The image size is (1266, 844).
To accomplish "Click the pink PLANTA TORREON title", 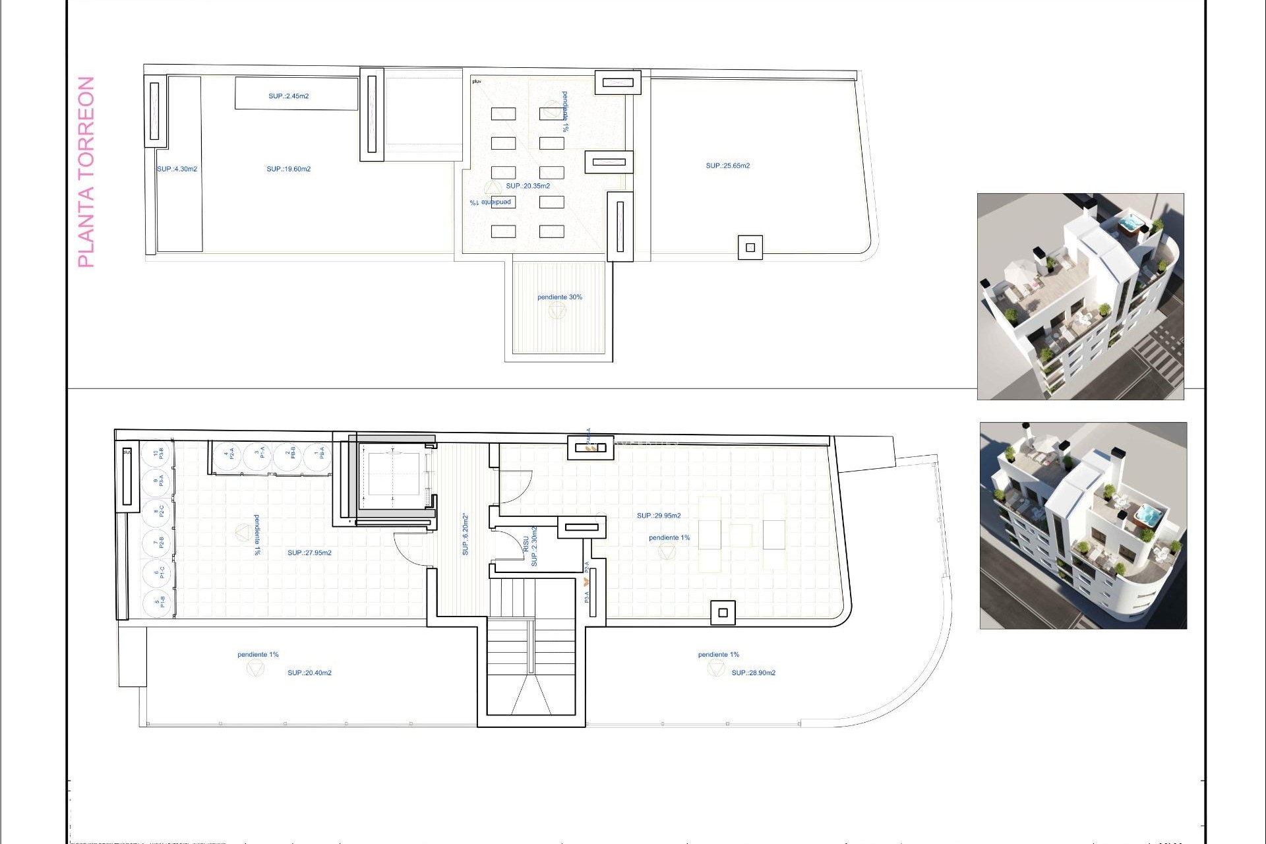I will click(x=86, y=172).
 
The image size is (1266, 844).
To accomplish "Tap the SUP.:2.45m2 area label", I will click(x=288, y=96).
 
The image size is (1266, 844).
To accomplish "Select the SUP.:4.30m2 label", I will click(x=177, y=169).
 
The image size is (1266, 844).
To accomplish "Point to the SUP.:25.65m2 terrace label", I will click(x=727, y=166).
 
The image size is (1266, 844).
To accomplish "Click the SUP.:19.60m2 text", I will click(x=288, y=169).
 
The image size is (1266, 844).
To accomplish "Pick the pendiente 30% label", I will click(x=559, y=297).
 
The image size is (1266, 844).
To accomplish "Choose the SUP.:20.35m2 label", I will click(x=527, y=186).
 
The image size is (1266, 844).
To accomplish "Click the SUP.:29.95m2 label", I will click(x=659, y=516).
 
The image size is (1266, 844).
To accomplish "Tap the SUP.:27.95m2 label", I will click(x=309, y=553).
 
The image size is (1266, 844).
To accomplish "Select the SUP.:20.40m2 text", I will click(x=309, y=673).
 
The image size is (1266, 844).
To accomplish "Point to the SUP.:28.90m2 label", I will click(x=753, y=673).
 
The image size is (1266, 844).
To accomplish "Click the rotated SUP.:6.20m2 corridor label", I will click(x=466, y=534).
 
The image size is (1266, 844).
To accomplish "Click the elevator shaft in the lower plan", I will click(x=393, y=473).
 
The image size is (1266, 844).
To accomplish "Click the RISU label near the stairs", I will click(x=526, y=545).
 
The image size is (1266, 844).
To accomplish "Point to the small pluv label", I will click(x=477, y=82).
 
